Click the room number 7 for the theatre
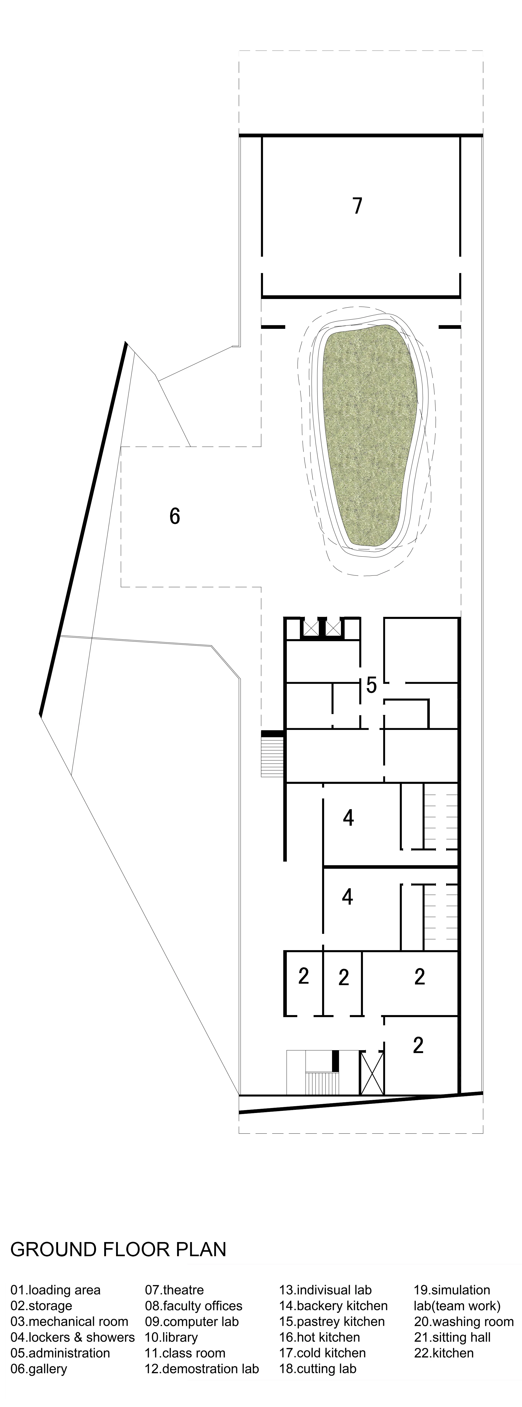click(x=357, y=206)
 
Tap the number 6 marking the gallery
click(x=175, y=516)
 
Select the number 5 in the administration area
click(x=371, y=685)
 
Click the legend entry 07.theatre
click(x=174, y=1289)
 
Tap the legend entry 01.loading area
click(x=56, y=1289)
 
